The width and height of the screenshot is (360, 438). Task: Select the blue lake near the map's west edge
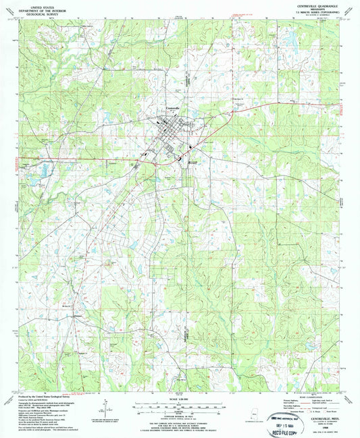(x=30, y=181)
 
